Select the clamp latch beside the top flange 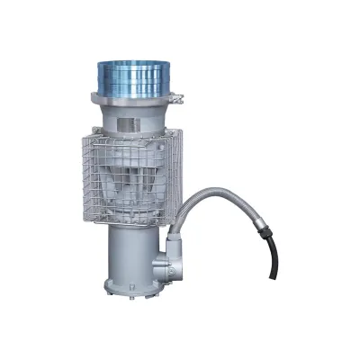pyautogui.click(x=178, y=96)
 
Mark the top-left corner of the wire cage pyautogui.click(x=88, y=135)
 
